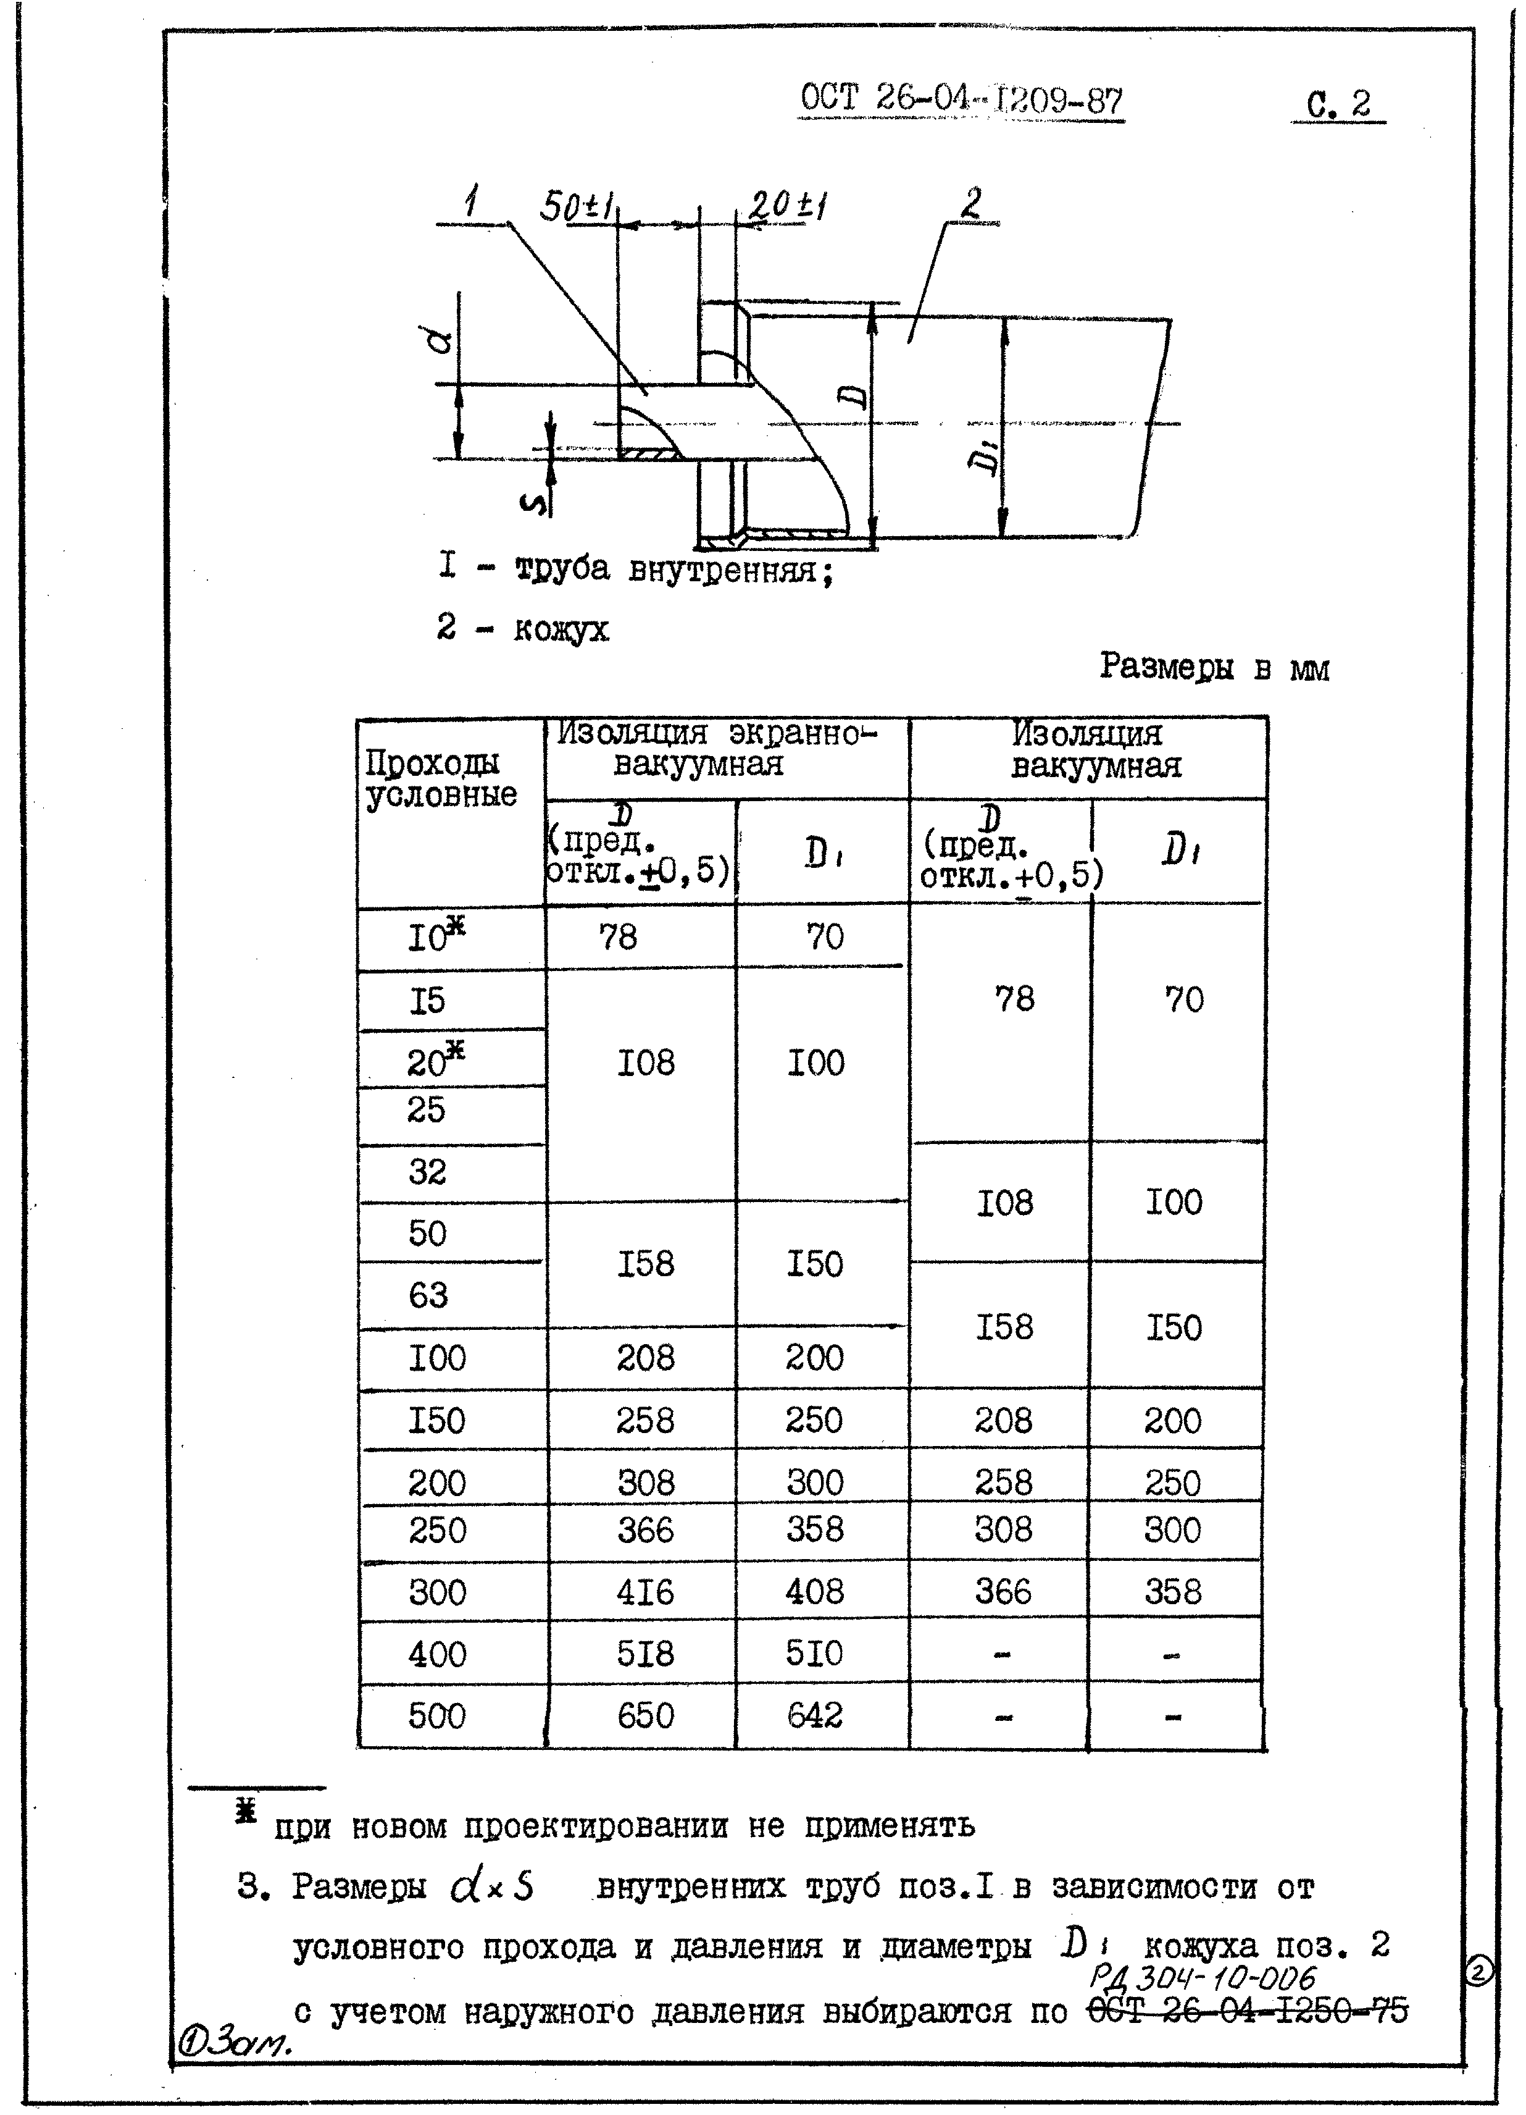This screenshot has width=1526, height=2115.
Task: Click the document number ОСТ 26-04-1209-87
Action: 961,100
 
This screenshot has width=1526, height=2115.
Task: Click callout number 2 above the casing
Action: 972,203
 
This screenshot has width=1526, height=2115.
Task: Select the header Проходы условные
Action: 440,779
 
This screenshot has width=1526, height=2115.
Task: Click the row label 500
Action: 436,1716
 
